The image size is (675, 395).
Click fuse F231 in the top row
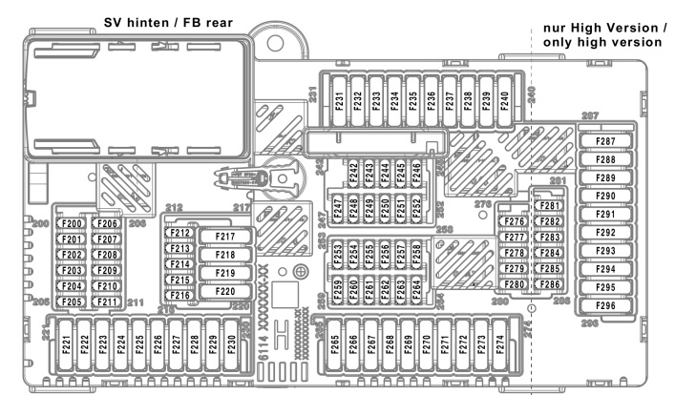[x=338, y=100]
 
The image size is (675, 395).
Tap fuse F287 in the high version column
[x=605, y=141]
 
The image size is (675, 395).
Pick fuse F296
[x=605, y=306]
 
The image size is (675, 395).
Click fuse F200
[x=72, y=223]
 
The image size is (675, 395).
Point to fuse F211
[x=106, y=302]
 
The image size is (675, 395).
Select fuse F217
[x=224, y=237]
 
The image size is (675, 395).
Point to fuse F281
[x=549, y=207]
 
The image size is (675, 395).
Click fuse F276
[x=515, y=222]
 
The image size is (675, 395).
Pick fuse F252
[x=416, y=207]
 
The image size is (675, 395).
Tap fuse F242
[x=353, y=172]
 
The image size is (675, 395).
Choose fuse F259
[x=338, y=287]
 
